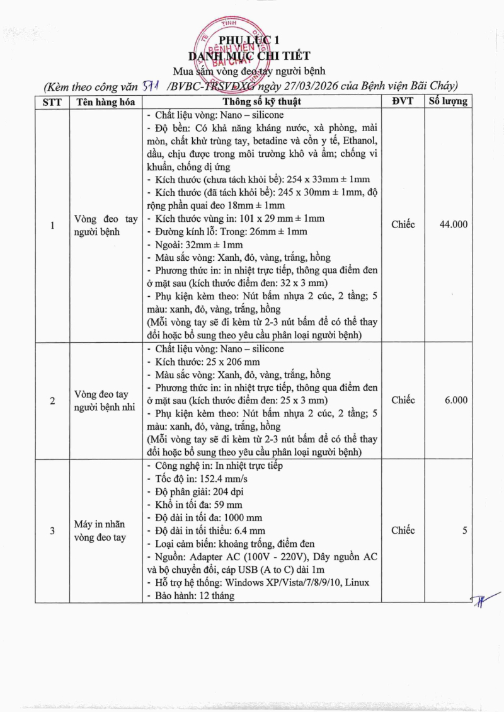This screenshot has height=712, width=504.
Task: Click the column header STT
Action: click(x=52, y=101)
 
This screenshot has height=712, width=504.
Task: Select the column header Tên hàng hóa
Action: click(x=106, y=101)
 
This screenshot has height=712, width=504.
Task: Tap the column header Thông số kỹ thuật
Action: click(x=261, y=101)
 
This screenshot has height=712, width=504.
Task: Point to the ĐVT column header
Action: click(x=403, y=101)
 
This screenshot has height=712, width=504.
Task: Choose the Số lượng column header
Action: click(x=448, y=101)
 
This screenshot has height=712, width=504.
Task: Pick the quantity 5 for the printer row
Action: click(x=464, y=531)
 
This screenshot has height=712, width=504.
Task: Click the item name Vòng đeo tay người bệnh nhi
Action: click(x=106, y=401)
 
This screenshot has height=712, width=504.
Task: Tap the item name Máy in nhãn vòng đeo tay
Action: click(x=101, y=531)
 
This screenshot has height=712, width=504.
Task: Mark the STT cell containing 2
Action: click(x=52, y=401)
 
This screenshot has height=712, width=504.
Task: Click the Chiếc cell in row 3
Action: click(x=403, y=531)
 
